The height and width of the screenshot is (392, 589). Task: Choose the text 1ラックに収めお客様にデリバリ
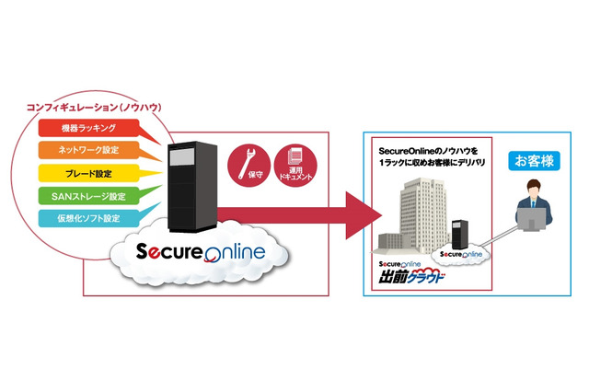point(433,162)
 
